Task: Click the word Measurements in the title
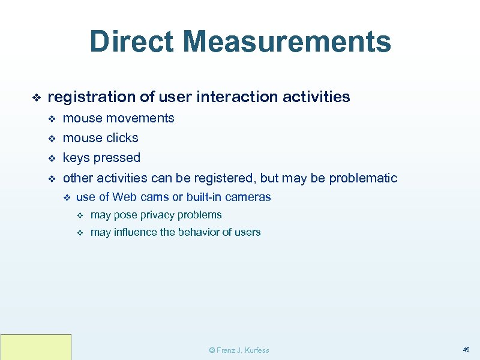point(288,42)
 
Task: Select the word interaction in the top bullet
point(229,97)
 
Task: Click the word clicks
point(122,138)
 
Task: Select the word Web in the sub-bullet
point(124,197)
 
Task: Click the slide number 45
point(466,349)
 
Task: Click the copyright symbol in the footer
point(211,350)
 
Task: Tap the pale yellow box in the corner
point(36,347)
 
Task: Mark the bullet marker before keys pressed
point(51,158)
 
